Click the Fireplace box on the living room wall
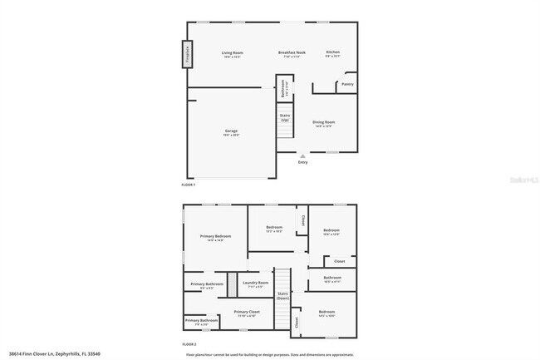pos(187,55)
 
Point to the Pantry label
pos(347,84)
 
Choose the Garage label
pos(231,131)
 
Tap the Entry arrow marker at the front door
pos(302,155)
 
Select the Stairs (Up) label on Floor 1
pos(285,117)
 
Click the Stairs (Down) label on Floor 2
pos(282,295)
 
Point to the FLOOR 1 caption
pos(188,184)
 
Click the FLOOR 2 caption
pos(188,343)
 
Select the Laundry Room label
pos(255,284)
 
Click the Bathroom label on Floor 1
pos(282,87)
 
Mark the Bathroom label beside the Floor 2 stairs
pos(332,279)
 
